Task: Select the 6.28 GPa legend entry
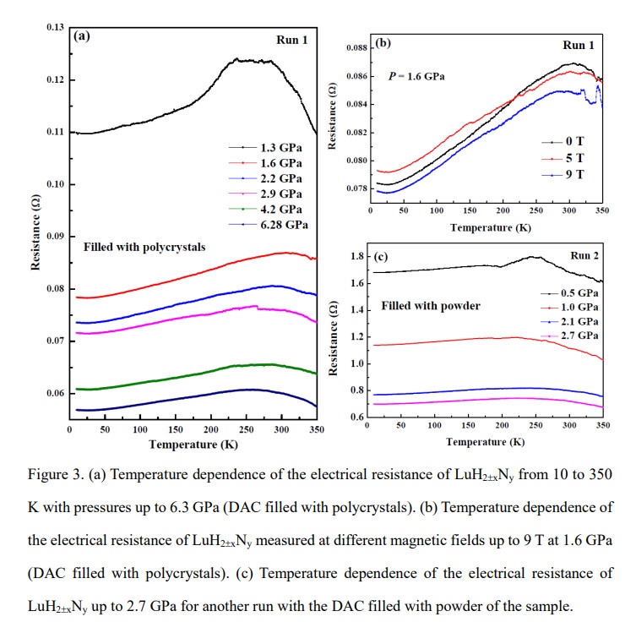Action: tap(280, 224)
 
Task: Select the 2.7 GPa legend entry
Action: tap(571, 336)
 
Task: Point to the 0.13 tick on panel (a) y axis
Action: tap(55, 28)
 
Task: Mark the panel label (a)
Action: tap(82, 35)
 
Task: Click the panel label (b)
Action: tap(381, 42)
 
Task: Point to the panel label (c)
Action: tap(382, 257)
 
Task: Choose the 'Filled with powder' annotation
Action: tap(431, 305)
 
